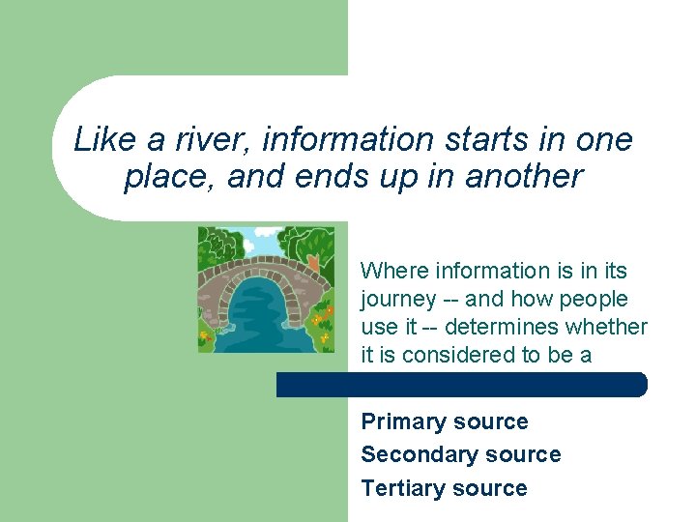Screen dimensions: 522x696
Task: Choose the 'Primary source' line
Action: click(444, 421)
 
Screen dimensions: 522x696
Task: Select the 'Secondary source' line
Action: click(460, 454)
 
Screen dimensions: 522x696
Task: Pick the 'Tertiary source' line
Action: click(444, 488)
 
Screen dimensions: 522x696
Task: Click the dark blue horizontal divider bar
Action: click(461, 385)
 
